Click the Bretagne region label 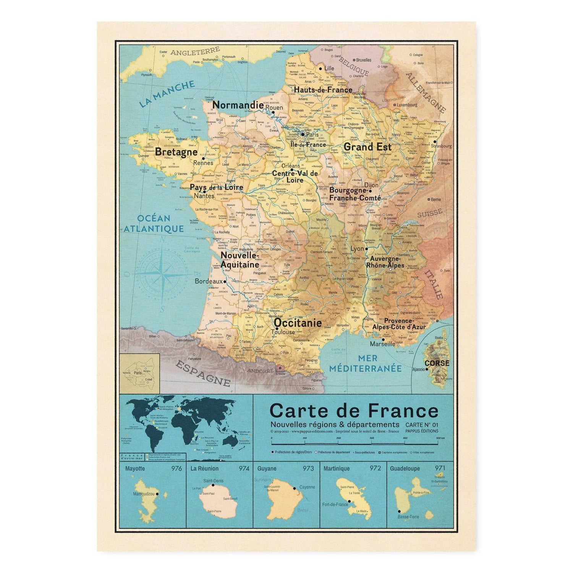tap(176, 152)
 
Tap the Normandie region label tap(238, 105)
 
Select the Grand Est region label tap(367, 147)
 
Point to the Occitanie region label tap(298, 323)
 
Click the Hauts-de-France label tap(323, 90)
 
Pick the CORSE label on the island tap(437, 363)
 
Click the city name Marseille tap(382, 344)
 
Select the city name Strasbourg tap(441, 146)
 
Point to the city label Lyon tap(357, 249)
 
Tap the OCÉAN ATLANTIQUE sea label tap(154, 224)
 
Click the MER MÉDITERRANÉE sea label tap(365, 363)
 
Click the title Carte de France tap(354, 411)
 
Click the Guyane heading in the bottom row tap(267, 468)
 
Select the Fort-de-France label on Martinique tap(335, 504)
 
